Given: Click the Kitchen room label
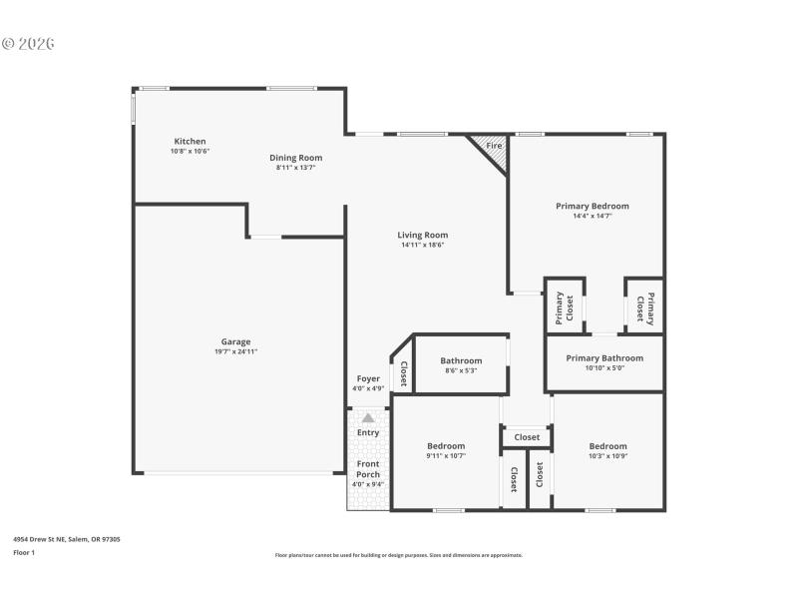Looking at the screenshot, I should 190,142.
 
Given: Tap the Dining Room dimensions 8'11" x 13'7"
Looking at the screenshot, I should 295,168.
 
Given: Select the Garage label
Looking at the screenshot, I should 235,341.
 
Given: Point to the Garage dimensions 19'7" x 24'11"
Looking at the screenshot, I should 235,351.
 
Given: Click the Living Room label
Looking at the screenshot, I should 422,235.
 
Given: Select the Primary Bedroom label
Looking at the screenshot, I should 592,206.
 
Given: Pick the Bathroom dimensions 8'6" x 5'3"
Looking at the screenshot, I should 461,371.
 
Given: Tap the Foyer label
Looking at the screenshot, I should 367,378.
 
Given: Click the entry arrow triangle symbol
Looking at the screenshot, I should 367,418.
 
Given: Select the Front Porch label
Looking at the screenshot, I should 367,469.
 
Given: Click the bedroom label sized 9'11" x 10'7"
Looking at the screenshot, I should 446,445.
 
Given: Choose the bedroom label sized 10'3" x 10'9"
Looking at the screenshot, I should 607,445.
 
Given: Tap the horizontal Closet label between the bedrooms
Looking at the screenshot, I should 527,437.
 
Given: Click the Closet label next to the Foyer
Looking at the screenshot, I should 403,373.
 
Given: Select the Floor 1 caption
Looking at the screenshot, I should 24,552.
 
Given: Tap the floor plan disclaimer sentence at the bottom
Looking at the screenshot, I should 398,555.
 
